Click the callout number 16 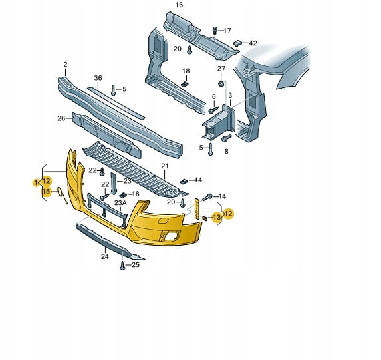pyautogui.click(x=179, y=5)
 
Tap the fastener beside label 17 pyautogui.click(x=215, y=30)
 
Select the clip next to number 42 pyautogui.click(x=237, y=43)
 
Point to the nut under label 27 pyautogui.click(x=221, y=83)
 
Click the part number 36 pyautogui.click(x=98, y=78)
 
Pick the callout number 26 pyautogui.click(x=61, y=118)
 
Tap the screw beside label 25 pyautogui.click(x=122, y=266)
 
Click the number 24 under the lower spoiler pyautogui.click(x=105, y=256)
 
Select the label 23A pyautogui.click(x=120, y=202)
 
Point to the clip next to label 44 pyautogui.click(x=184, y=181)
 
